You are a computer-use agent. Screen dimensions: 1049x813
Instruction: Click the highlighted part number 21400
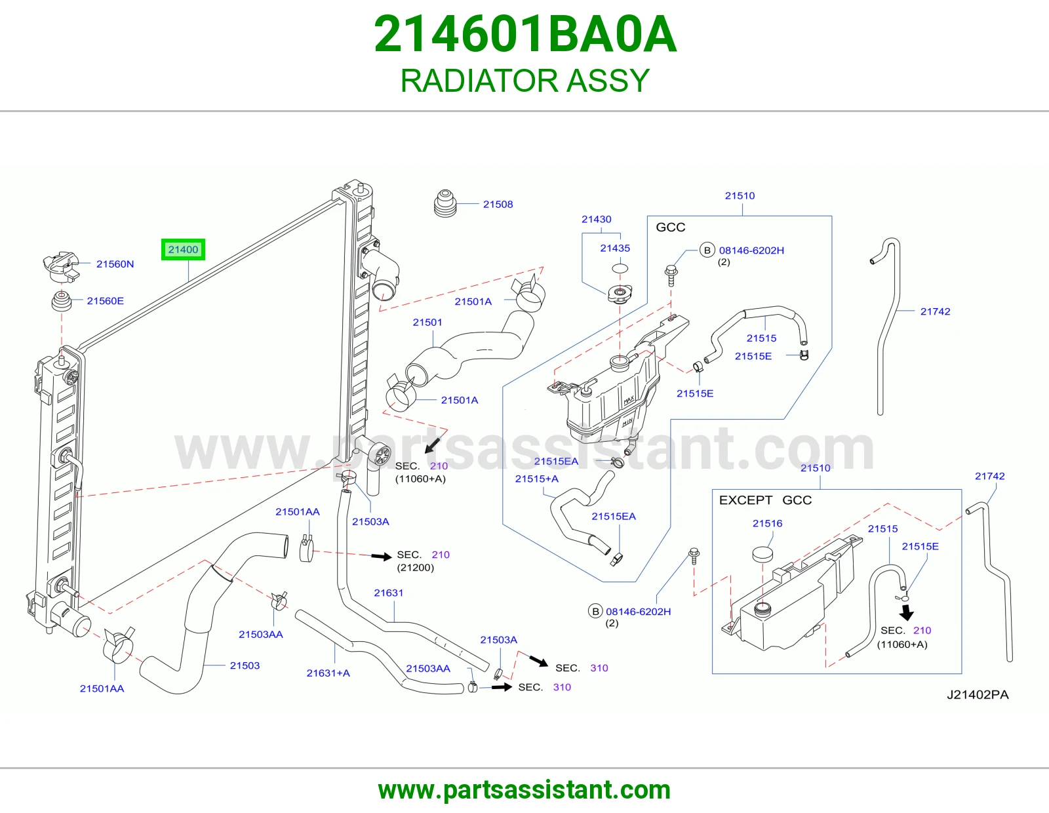(183, 250)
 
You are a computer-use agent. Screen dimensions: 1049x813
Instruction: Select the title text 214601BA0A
(524, 34)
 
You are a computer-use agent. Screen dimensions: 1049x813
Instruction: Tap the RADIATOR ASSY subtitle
(524, 81)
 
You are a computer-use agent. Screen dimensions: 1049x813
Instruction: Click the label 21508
(498, 204)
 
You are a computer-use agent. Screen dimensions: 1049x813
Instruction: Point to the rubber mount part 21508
(445, 204)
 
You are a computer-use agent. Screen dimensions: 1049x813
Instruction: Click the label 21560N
(115, 264)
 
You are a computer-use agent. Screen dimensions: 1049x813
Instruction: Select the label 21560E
(106, 301)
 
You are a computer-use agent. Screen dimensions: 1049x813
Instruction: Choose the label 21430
(596, 219)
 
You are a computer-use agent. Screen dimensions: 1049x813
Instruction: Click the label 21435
(614, 248)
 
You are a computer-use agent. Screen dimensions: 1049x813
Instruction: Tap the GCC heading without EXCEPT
(670, 228)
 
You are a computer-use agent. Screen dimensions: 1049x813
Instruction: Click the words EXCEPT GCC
(765, 500)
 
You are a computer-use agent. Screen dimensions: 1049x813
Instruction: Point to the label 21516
(767, 523)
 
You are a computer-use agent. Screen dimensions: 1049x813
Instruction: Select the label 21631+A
(328, 673)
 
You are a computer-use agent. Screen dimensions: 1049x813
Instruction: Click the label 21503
(245, 665)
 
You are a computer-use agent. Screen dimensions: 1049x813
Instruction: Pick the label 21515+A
(536, 479)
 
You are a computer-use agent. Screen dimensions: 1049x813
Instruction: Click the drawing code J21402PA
(977, 695)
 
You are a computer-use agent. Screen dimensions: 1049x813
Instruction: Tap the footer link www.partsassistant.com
(524, 790)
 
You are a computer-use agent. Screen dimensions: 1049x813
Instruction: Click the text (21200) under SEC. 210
(415, 568)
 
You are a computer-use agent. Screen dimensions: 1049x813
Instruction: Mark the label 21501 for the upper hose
(427, 323)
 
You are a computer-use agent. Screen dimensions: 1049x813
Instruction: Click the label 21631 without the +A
(388, 593)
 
